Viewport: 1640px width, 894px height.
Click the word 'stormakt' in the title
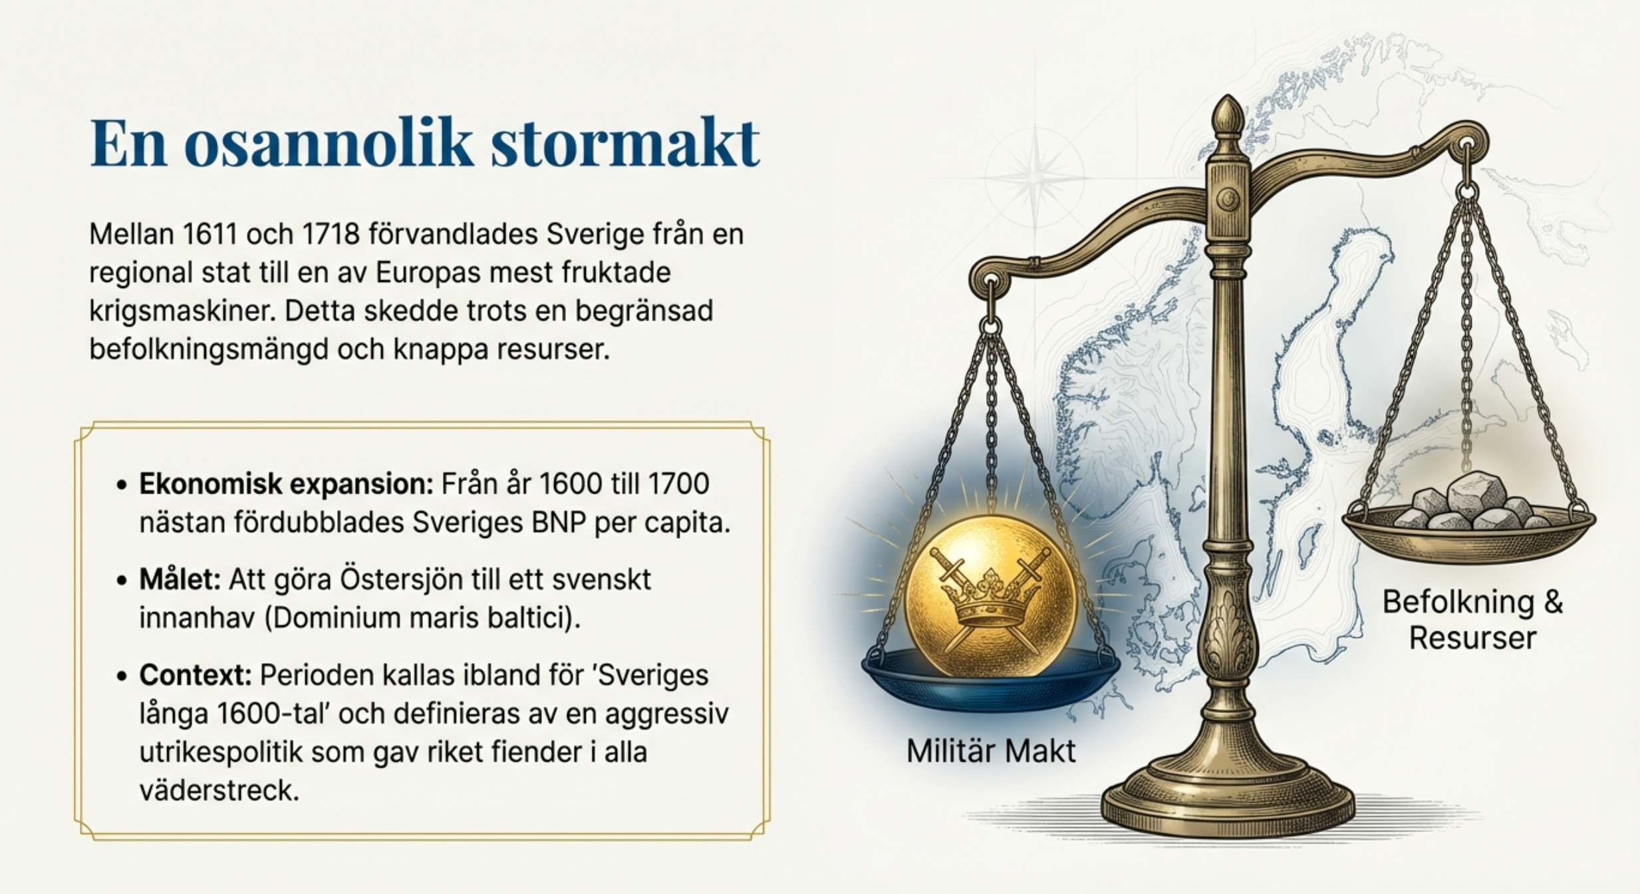(x=624, y=142)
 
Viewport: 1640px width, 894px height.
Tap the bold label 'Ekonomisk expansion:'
(x=286, y=485)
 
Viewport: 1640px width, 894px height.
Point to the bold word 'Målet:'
(x=180, y=579)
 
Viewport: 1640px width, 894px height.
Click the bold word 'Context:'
(x=196, y=675)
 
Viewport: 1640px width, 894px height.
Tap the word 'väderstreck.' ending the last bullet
(x=219, y=790)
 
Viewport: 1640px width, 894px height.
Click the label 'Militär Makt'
(x=990, y=751)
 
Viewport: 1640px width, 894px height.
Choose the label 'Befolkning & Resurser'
(x=1472, y=620)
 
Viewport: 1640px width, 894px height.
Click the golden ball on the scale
(x=990, y=596)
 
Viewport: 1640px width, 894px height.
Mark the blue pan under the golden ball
(x=990, y=680)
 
